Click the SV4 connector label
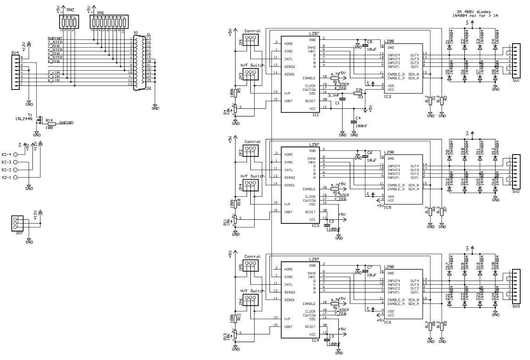pyautogui.click(x=15, y=52)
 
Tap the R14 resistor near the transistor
pyautogui.click(x=51, y=124)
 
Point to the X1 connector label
pyautogui.click(x=135, y=33)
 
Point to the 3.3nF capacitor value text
pyautogui.click(x=333, y=95)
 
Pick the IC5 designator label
pyautogui.click(x=387, y=207)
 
